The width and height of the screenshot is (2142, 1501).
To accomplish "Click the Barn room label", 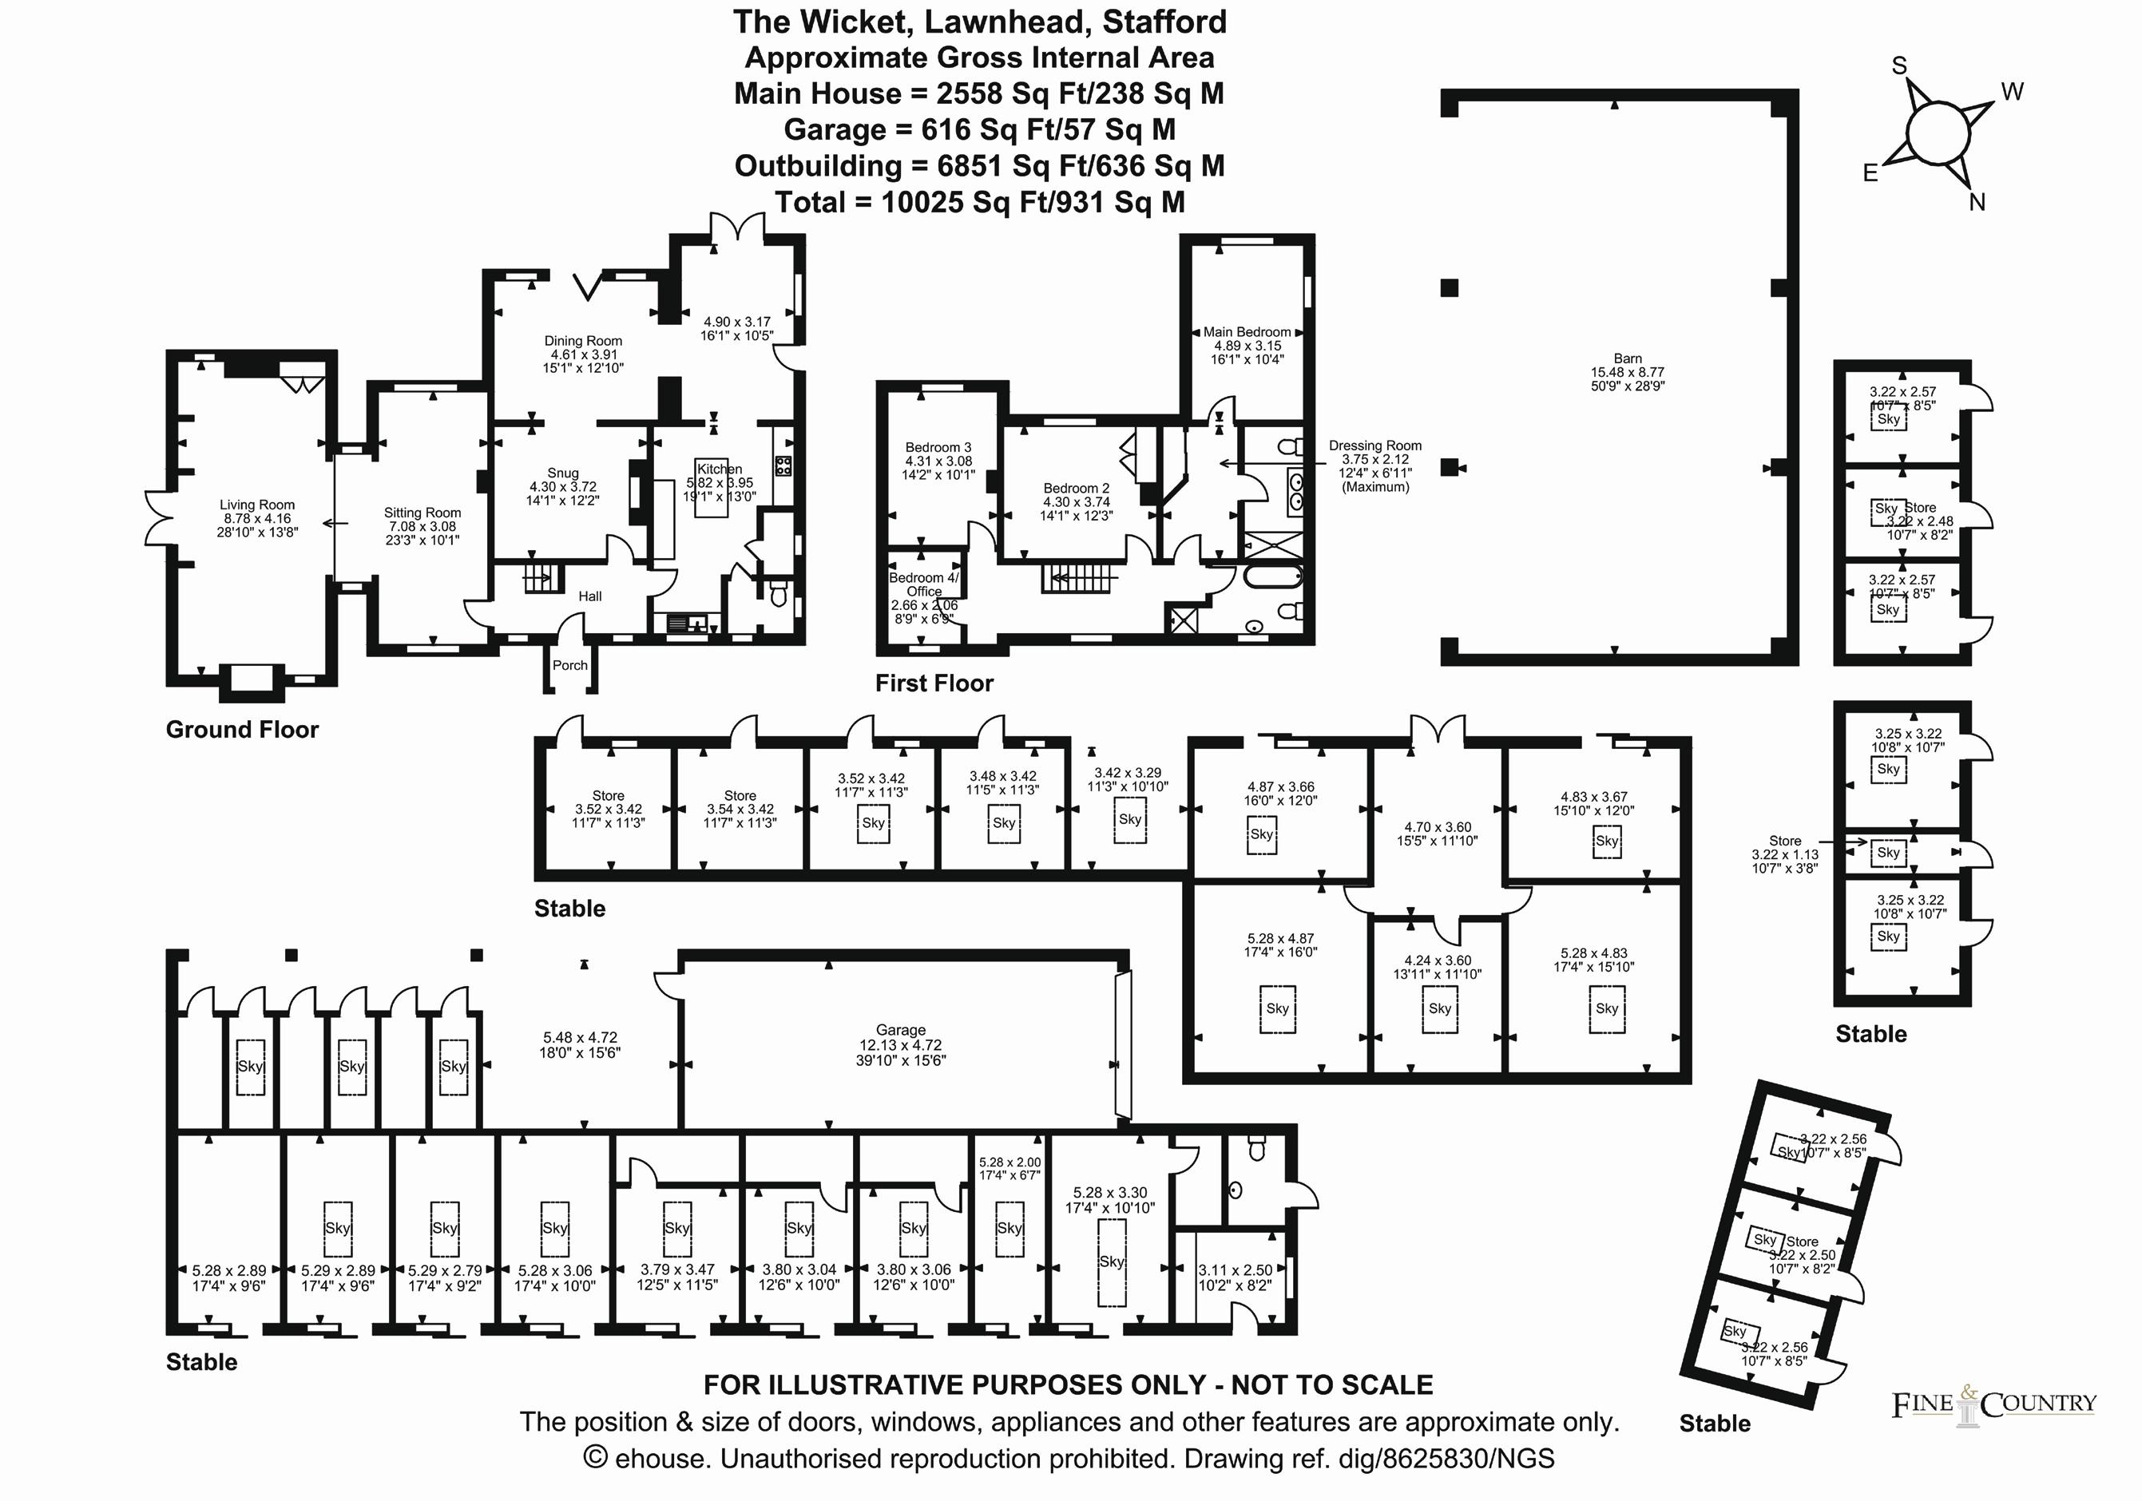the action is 1627,358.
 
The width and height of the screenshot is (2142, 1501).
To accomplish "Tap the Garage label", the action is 900,1030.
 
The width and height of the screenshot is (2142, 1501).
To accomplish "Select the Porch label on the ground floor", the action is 570,665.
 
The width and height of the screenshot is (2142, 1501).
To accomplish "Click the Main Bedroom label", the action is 1247,332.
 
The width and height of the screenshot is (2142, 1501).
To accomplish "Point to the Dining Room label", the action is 583,342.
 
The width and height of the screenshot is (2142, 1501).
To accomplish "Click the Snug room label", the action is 562,473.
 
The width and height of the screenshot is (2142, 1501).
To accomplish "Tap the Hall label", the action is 589,596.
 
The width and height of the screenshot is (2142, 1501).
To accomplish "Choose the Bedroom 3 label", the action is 938,448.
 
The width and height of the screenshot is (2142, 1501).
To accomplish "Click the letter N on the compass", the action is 1977,203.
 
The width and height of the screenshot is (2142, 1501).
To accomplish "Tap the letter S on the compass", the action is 1899,66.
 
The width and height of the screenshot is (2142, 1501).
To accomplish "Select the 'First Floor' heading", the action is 934,683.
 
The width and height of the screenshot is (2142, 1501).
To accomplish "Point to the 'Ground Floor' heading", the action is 242,730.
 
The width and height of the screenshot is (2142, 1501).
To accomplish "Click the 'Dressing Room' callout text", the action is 1375,446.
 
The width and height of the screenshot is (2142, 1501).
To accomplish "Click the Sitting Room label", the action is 422,513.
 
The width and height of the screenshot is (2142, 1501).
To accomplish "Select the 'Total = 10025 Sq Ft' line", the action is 980,203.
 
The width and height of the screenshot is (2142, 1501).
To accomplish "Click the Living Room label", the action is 256,505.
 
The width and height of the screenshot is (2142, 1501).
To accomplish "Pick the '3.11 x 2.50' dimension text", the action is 1236,1270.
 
